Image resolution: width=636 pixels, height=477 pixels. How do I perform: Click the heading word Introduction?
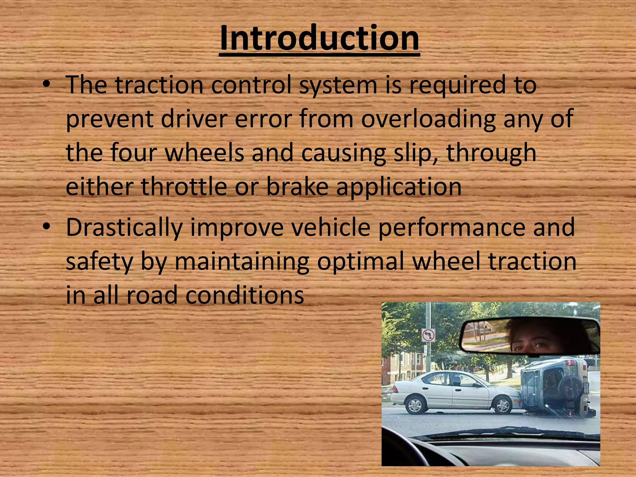pos(319,39)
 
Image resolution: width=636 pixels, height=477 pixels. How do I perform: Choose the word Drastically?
pos(124,228)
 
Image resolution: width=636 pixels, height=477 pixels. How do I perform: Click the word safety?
pos(99,262)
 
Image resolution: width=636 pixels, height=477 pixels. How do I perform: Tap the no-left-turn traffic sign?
pos(429,336)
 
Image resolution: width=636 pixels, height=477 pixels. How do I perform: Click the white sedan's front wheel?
pos(502,405)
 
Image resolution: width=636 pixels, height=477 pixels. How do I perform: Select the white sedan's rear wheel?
pos(415,405)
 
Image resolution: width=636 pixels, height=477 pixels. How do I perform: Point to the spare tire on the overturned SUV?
pos(570,387)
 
